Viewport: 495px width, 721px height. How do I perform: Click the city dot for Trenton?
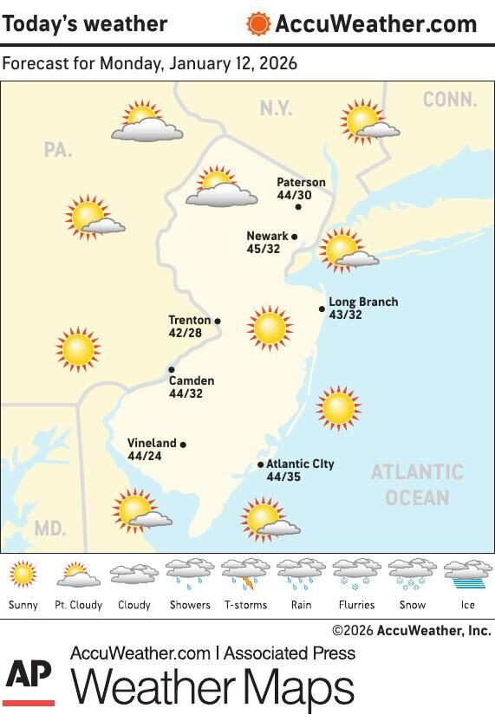tap(218, 321)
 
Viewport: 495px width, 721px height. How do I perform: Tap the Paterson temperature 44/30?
tap(294, 195)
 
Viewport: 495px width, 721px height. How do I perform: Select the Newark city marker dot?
tap(295, 237)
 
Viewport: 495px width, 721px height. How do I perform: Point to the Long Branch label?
tap(363, 302)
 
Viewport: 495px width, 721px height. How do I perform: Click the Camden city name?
tap(192, 380)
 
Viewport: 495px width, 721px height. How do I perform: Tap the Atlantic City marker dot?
tap(261, 464)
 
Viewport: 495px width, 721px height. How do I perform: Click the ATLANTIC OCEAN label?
tap(417, 484)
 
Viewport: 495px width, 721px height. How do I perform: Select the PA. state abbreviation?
tap(57, 150)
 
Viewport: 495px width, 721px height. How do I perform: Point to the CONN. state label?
tap(450, 100)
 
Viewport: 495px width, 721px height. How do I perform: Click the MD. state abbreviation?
tap(49, 528)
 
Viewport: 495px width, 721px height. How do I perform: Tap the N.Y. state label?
tap(276, 108)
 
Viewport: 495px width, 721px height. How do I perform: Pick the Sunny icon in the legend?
tap(23, 574)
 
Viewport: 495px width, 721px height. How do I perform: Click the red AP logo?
tap(29, 681)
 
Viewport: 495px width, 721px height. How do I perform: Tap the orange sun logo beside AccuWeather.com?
tap(258, 23)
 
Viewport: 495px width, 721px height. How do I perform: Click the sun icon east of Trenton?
tap(270, 328)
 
